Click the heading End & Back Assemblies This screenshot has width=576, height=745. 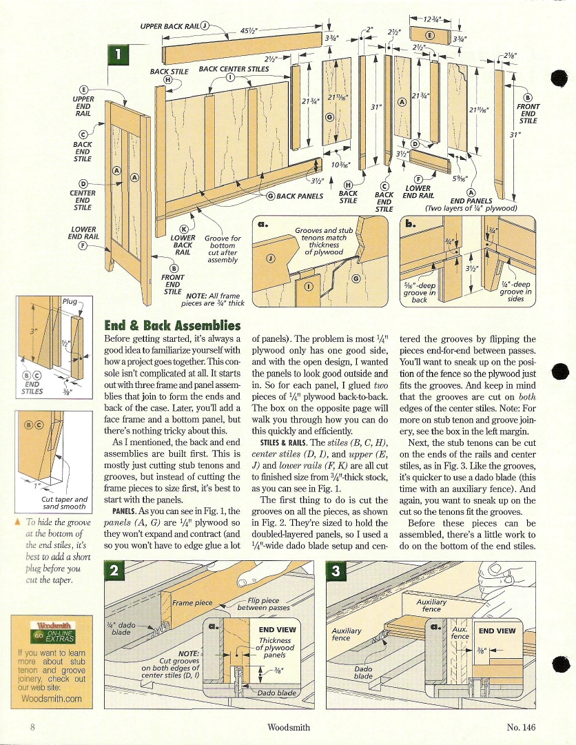coord(172,325)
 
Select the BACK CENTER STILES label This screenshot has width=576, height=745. coord(234,69)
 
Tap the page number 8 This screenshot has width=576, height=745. coord(32,727)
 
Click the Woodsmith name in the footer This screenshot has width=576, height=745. coord(288,727)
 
